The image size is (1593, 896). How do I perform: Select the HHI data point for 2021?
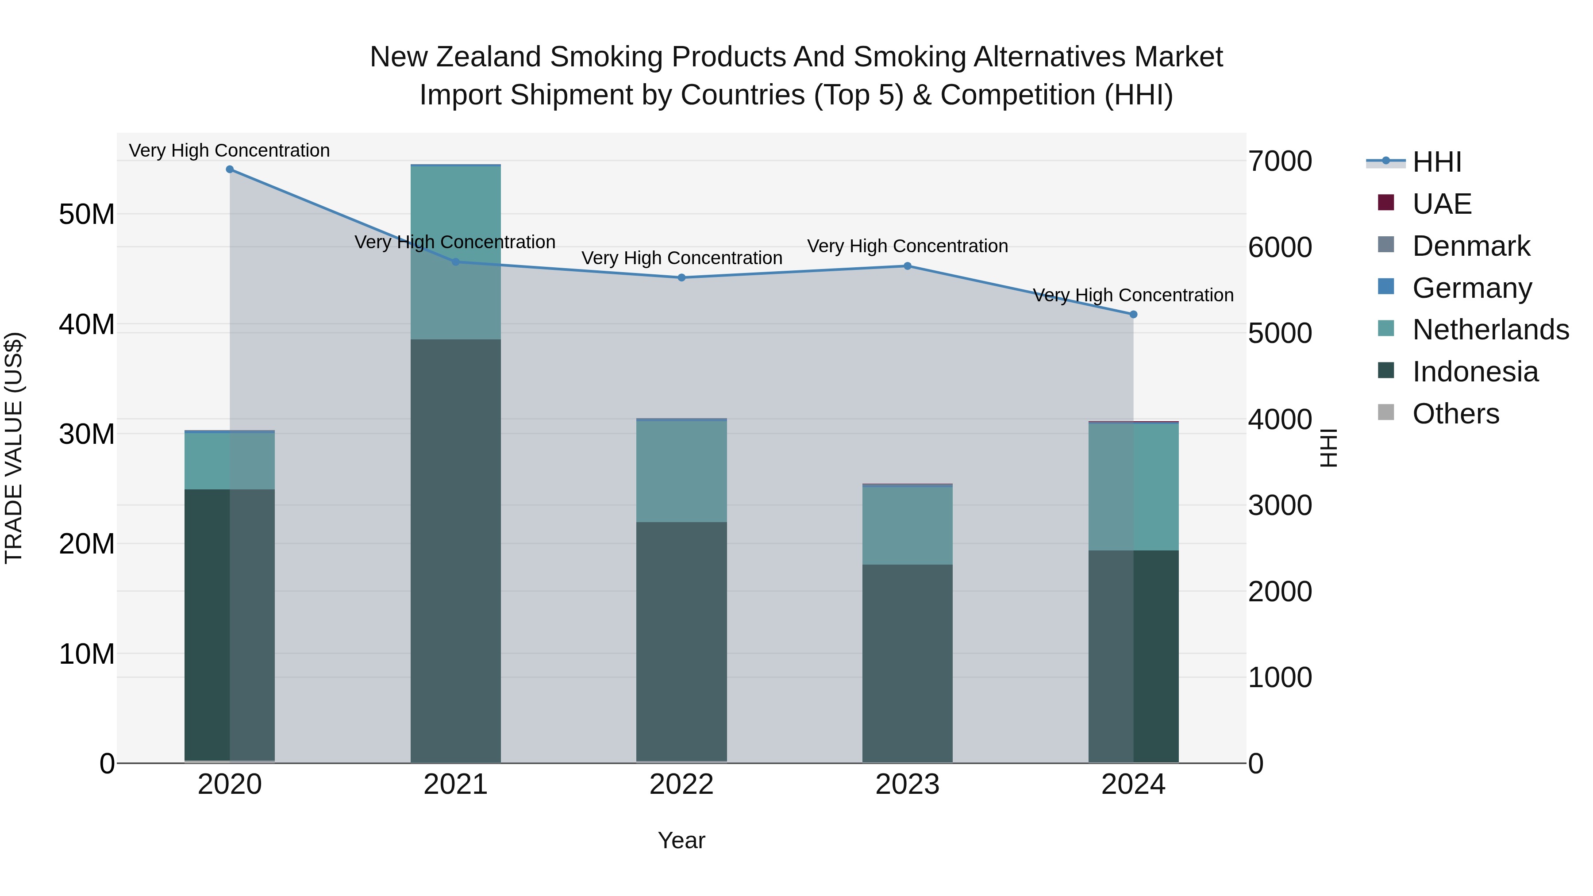[456, 262]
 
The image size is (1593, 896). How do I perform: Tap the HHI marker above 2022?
[681, 277]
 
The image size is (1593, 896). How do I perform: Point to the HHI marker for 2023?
[907, 266]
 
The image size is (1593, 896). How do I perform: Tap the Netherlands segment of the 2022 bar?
[681, 471]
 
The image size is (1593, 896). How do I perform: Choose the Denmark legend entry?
[1470, 246]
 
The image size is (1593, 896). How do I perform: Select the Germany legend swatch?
[1386, 287]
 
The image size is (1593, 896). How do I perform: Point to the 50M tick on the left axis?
[87, 215]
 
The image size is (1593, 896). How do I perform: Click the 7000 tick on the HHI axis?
[1279, 162]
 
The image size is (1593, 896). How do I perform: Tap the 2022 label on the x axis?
[681, 784]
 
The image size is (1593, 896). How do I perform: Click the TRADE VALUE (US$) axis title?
[14, 448]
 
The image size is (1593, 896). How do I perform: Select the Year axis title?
[681, 840]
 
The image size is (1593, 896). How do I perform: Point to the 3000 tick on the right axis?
[1279, 506]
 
